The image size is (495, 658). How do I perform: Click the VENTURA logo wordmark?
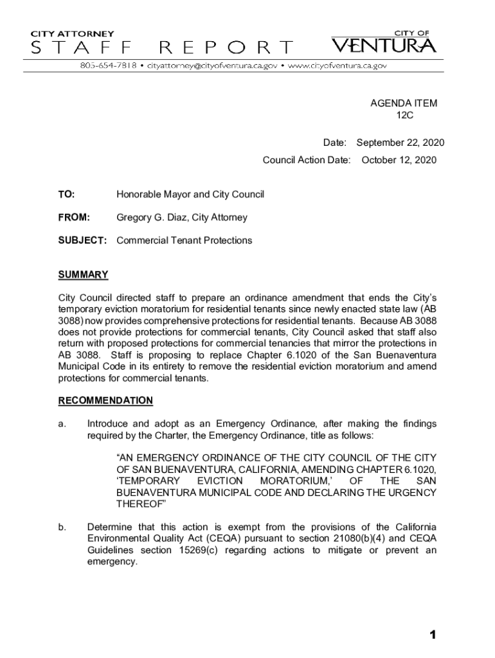coord(384,46)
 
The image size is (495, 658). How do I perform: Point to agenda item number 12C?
coord(404,115)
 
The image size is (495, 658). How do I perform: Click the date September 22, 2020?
coord(400,143)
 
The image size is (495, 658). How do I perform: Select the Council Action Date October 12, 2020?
coord(399,159)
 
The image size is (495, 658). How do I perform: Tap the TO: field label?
coord(66,194)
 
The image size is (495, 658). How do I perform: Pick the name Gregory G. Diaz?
coord(148,217)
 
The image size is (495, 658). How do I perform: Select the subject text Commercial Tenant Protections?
coord(184,240)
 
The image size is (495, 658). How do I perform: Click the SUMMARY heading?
coord(83,275)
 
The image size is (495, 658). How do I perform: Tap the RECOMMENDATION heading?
coord(105,400)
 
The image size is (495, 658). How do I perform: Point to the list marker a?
coord(62,423)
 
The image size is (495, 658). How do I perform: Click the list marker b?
coord(62,527)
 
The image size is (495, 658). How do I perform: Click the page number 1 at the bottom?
coord(433,635)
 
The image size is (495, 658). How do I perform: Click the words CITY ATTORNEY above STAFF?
coord(73,33)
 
